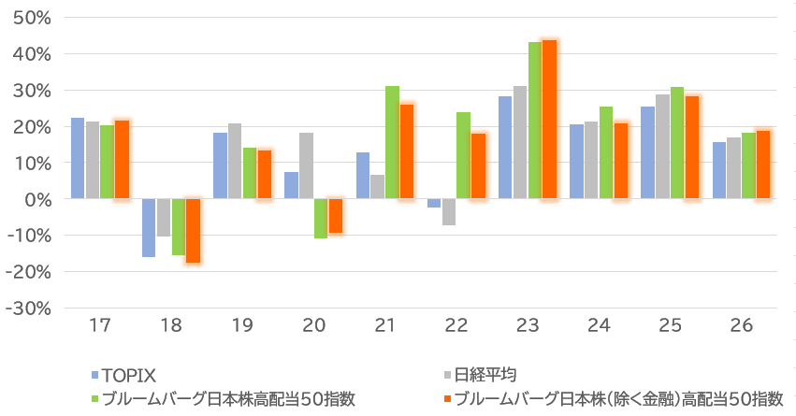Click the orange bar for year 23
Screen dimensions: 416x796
[549, 120]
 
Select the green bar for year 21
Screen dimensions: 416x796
[392, 142]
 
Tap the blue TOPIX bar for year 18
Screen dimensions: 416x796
[149, 227]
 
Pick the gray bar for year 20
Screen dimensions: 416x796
[306, 165]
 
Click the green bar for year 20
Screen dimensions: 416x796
[321, 218]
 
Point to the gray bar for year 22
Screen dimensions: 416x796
[449, 211]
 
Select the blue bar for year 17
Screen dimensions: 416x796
[78, 158]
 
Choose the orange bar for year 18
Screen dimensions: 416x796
[193, 230]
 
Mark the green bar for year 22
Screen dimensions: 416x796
[463, 155]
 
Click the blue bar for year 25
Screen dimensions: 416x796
[647, 152]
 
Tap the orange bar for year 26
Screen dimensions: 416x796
[763, 165]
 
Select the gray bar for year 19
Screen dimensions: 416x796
[235, 161]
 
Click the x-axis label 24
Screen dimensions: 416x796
[598, 326]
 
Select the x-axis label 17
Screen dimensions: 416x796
[100, 326]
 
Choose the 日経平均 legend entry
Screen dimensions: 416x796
[485, 375]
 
